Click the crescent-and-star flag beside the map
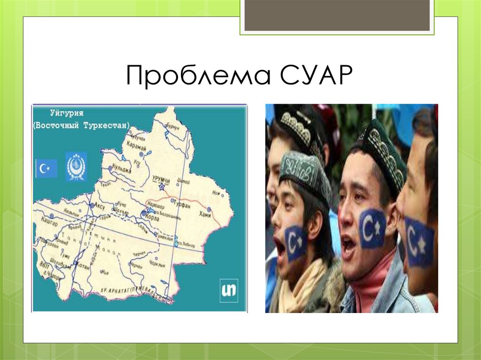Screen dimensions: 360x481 point(47,168)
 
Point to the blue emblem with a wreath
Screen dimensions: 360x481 point(76,167)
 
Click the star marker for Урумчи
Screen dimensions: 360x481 point(162,187)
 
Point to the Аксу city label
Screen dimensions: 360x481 point(99,206)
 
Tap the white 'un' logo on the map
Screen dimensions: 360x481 point(229,290)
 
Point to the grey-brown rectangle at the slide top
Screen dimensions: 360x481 point(337,15)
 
